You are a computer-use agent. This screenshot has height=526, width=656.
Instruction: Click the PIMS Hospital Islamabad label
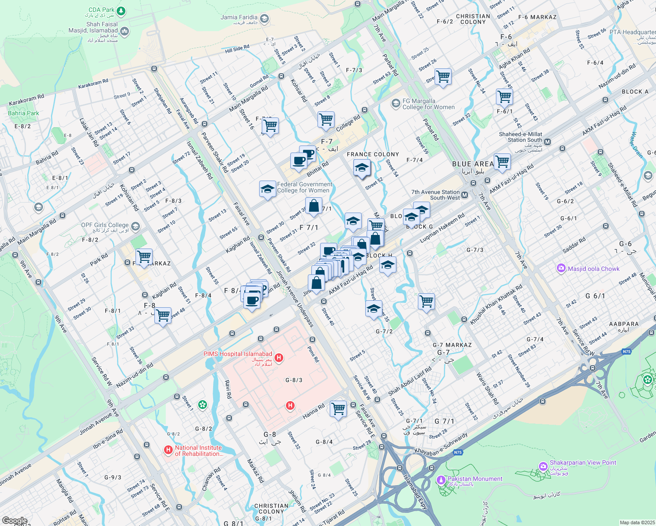238,354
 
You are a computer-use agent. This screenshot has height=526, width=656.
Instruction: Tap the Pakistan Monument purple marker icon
441,480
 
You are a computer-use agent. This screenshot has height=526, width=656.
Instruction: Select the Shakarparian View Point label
583,462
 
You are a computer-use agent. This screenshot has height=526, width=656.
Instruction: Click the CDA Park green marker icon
122,10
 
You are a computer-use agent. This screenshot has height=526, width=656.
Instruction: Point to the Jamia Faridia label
239,18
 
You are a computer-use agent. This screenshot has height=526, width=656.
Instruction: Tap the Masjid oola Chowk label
593,269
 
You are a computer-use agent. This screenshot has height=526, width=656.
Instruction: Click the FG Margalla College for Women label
428,104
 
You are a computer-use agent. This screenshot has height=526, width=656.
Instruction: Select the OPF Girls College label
105,225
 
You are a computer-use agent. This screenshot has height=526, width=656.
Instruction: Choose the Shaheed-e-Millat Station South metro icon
547,142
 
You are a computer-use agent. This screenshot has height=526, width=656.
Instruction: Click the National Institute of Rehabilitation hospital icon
168,450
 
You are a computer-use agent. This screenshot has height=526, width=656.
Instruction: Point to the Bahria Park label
24,113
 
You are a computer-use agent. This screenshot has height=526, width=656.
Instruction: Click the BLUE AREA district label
473,164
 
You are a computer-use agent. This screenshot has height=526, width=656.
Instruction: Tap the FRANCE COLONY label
373,154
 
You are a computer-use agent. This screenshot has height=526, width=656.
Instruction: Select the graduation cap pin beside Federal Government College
267,189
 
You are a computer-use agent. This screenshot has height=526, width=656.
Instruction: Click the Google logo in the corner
14,521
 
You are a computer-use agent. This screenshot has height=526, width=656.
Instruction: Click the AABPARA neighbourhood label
624,324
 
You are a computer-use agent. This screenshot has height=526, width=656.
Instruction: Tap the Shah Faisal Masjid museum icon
125,31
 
